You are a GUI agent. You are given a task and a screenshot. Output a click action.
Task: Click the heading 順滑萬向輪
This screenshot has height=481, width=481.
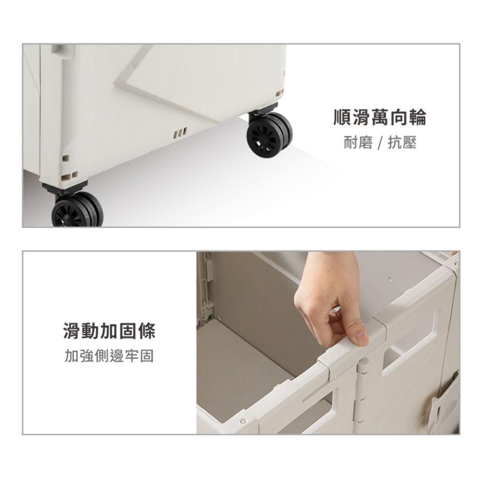click(380, 117)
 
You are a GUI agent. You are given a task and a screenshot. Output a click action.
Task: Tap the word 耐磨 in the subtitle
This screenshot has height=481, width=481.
click(357, 143)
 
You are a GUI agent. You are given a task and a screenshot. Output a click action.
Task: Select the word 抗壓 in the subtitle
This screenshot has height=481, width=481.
click(402, 143)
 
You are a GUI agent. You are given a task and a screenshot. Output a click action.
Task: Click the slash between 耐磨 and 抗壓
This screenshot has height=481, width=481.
click(380, 143)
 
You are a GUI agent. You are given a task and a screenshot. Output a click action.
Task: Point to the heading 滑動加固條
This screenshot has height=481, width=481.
click(109, 331)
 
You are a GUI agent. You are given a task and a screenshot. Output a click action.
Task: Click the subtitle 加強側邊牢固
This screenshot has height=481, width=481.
click(109, 356)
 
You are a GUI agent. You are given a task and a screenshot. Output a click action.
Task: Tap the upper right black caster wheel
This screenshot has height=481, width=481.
click(269, 134)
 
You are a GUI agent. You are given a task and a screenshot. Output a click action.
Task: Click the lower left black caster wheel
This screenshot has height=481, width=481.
click(78, 209)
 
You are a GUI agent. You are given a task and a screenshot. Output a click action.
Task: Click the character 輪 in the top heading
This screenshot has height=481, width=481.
click(417, 117)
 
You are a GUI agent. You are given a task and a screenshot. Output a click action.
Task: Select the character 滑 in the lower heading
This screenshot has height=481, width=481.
click(72, 331)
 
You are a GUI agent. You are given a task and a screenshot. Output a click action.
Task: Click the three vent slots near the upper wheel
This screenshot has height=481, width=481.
click(180, 133)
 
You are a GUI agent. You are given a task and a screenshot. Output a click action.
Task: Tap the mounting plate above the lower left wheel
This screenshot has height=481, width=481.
click(65, 187)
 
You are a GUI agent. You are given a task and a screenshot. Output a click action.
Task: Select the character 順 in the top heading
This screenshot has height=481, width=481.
click(342, 117)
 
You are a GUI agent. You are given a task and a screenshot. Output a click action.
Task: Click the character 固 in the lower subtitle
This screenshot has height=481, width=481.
click(147, 356)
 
